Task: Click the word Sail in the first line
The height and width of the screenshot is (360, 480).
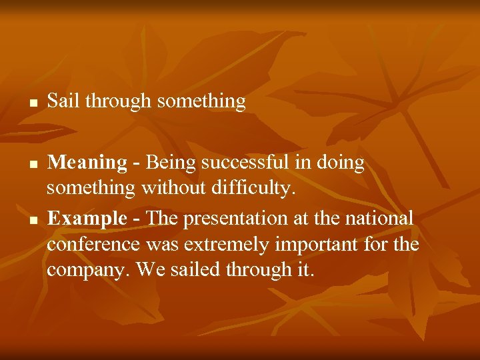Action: (63, 101)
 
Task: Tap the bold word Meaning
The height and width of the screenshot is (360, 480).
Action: (87, 163)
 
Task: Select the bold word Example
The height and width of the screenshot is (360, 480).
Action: (87, 218)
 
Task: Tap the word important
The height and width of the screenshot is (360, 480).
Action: (317, 245)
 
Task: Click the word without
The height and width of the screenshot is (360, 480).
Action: (172, 190)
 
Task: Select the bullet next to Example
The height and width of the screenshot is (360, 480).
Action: (32, 220)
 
